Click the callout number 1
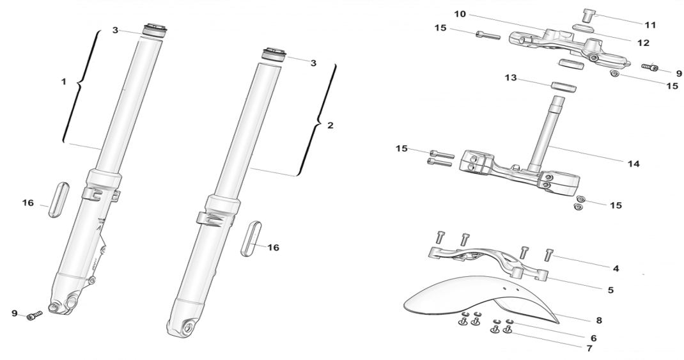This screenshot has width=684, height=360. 63,82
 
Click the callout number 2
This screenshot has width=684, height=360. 330,125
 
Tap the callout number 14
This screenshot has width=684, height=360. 633,164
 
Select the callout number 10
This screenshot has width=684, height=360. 460,13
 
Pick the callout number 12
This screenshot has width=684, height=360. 643,43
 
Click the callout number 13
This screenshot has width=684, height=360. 510,78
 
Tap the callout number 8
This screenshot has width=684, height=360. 598,320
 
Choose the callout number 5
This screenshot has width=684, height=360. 610,290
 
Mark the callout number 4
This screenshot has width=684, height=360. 616,268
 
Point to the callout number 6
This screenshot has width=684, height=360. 593,338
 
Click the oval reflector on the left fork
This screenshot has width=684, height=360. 59,200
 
